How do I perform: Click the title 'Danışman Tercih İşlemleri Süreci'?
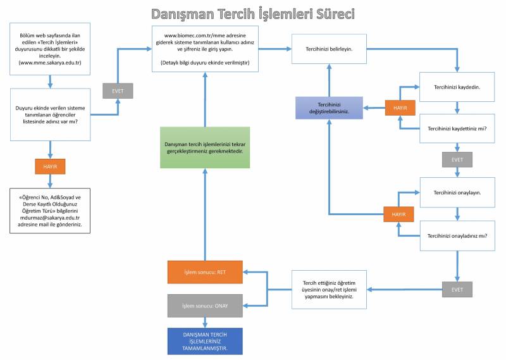click(252, 13)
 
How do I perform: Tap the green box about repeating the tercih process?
click(206, 148)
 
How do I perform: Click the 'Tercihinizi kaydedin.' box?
click(456, 87)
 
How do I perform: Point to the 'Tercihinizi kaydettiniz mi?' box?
click(456, 128)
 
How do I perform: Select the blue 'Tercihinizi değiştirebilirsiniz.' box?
click(329, 108)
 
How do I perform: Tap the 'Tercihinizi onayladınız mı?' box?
click(456, 235)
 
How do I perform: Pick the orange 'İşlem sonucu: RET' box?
click(206, 272)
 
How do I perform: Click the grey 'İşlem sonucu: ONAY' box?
click(206, 306)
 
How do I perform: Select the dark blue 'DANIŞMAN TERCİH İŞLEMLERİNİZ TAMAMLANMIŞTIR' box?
click(206, 341)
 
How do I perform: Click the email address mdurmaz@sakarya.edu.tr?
click(50, 217)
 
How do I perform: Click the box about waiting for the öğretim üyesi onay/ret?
click(328, 289)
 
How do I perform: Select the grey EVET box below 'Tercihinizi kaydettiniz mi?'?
click(457, 159)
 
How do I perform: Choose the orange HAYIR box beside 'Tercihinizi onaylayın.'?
click(399, 214)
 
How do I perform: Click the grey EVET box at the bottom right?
click(457, 290)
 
